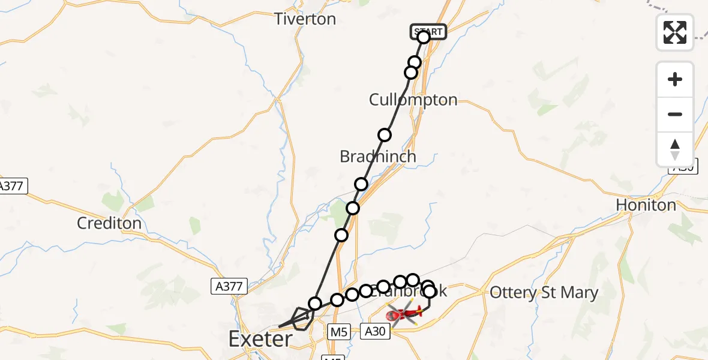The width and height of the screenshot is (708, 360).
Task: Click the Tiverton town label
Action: tap(305, 19)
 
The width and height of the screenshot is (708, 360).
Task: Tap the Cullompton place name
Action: tap(413, 100)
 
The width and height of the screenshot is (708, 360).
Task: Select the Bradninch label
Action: tap(377, 157)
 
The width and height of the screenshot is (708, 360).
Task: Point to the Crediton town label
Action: tap(109, 224)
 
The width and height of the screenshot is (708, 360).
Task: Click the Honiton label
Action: tap(646, 205)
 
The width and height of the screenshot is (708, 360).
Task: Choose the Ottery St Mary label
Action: tap(544, 293)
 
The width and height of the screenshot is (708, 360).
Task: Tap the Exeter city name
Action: tap(260, 340)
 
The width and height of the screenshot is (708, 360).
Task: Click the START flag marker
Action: tap(428, 31)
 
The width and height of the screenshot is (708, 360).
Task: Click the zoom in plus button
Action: tap(675, 79)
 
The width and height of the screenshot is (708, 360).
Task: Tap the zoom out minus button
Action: tap(675, 114)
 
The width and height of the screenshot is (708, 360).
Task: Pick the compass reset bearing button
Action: tap(675, 149)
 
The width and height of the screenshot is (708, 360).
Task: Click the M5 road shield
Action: tap(339, 331)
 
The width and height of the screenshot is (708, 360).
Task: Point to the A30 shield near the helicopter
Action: tap(376, 329)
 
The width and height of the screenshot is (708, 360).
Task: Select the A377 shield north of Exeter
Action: tap(229, 286)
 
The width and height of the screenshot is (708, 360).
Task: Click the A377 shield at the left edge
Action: tap(12, 185)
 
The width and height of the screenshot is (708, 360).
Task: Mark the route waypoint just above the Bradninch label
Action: tap(385, 135)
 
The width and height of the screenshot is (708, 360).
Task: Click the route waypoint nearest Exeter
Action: tap(315, 304)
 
